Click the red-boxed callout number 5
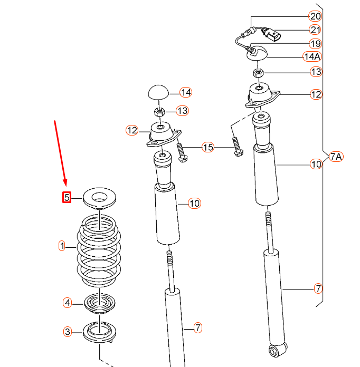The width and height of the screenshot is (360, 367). tap(67, 198)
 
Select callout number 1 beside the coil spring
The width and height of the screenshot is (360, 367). tap(62, 246)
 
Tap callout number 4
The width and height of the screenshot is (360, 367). tap(67, 303)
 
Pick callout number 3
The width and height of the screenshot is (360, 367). tap(67, 332)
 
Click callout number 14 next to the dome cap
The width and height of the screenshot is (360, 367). tap(185, 92)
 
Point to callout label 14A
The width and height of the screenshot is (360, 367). tap(312, 56)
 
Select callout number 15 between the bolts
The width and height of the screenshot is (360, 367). tap(209, 147)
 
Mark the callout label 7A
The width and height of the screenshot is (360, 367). tap(336, 156)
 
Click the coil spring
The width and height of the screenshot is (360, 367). tap(99, 250)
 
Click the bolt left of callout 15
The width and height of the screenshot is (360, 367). tap(182, 153)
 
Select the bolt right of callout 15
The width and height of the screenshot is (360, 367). tap(236, 146)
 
